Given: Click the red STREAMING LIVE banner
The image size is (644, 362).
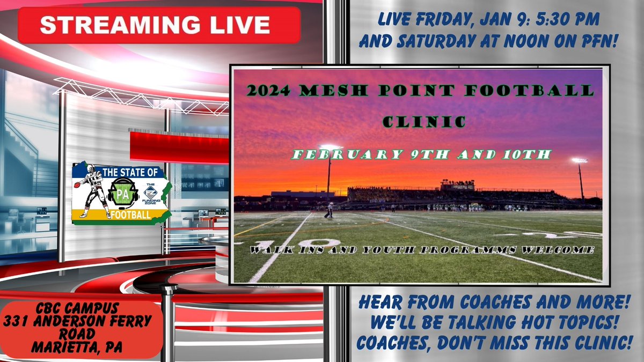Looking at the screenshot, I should tap(159, 25).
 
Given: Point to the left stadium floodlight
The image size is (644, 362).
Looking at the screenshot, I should tap(330, 147).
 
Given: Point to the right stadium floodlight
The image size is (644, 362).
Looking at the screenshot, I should tap(579, 160).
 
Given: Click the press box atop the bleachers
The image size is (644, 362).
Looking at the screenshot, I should tap(457, 185).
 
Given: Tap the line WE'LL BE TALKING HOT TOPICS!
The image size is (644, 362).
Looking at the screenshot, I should tap(492, 324).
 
